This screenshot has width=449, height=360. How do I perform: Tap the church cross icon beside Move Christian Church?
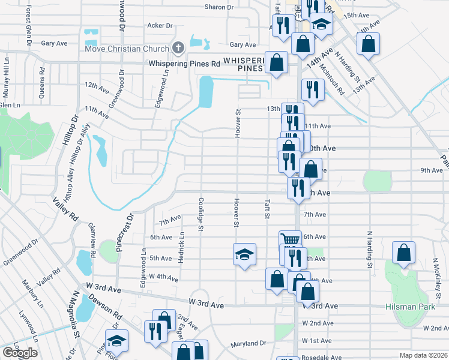tap(178, 47)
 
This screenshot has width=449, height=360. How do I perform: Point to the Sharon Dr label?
tap(218, 7)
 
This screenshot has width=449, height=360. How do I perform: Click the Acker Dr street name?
tap(160, 26)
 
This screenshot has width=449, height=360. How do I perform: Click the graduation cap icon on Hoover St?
tap(245, 254)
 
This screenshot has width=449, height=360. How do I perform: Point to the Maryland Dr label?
tap(249, 344)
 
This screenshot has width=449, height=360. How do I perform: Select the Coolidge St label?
tap(202, 214)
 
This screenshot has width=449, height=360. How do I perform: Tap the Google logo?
tap(20, 353)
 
